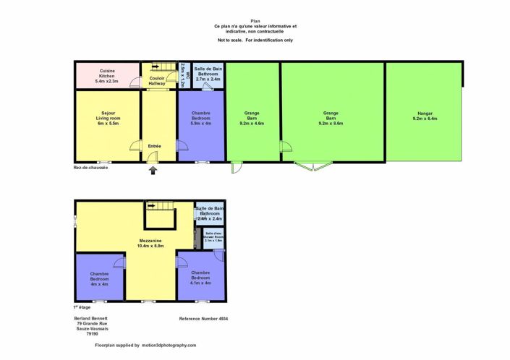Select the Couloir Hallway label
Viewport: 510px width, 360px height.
pyautogui.click(x=157, y=80)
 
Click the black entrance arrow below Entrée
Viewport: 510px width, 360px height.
pyautogui.click(x=153, y=170)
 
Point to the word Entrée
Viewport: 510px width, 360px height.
pyautogui.click(x=155, y=147)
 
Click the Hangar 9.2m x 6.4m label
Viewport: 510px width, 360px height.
pyautogui.click(x=424, y=116)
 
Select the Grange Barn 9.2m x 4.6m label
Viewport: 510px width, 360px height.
pyautogui.click(x=252, y=119)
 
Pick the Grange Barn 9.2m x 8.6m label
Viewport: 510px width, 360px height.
pyautogui.click(x=331, y=119)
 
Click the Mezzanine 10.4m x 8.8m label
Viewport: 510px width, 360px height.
pyautogui.click(x=150, y=243)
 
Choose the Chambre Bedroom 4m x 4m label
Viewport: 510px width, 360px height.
pyautogui.click(x=99, y=278)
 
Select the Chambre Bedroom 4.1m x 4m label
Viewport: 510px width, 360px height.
pyautogui.click(x=200, y=278)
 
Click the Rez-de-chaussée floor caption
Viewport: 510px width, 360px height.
pyautogui.click(x=90, y=168)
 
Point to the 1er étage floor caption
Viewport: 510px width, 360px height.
pyautogui.click(x=82, y=307)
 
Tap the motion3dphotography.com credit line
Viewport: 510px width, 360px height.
pyautogui.click(x=145, y=346)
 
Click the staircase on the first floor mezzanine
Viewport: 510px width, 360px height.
pyautogui.click(x=161, y=215)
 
